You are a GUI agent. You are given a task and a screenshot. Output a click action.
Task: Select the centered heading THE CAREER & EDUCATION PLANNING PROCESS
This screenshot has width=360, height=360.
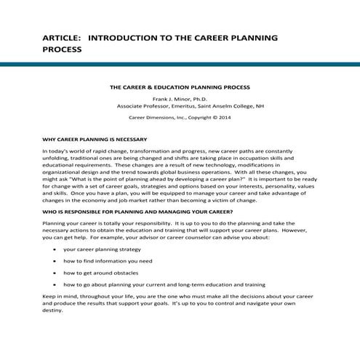click(x=180, y=86)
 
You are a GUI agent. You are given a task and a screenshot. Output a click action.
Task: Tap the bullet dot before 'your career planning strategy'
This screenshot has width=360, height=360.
click(x=57, y=248)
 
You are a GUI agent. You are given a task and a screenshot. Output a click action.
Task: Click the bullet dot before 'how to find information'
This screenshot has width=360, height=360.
click(x=57, y=260)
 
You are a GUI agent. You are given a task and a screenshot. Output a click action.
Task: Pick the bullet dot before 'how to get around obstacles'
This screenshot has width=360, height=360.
click(x=57, y=272)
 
